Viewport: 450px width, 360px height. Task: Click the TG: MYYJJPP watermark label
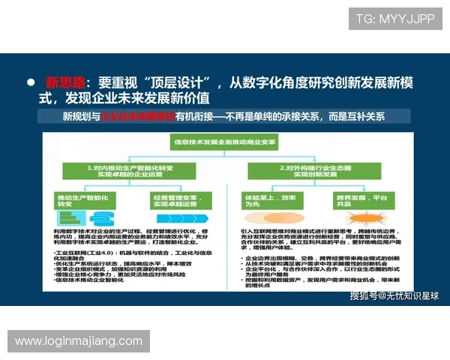coord(394,19)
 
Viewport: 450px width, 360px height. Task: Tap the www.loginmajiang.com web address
coord(79,341)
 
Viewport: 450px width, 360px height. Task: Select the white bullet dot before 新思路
coord(31,82)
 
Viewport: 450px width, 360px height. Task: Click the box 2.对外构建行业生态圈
coord(316,169)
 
